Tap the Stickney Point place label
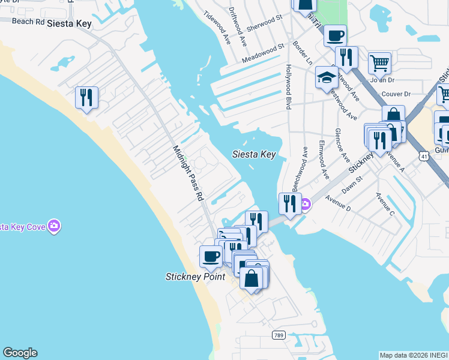195,277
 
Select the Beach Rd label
28,22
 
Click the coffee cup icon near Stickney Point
211,256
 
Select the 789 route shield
278,335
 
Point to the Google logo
19,353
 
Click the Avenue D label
337,204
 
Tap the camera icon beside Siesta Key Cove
55,226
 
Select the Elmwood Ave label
324,160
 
